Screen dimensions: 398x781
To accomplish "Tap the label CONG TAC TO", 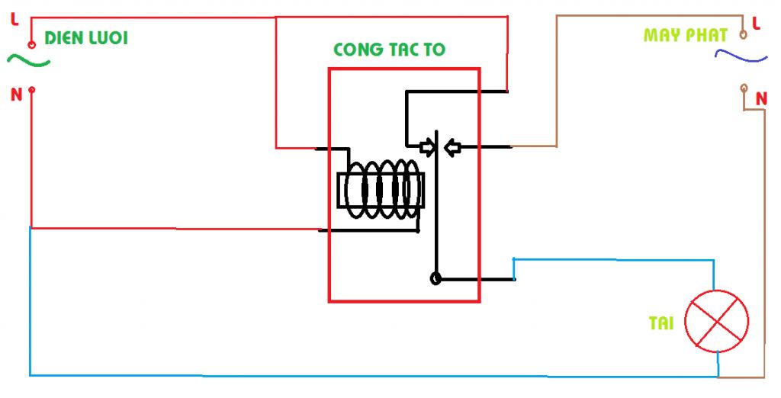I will [x=389, y=50].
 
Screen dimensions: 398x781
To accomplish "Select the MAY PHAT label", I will [x=686, y=35].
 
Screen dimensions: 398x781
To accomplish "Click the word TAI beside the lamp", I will [x=661, y=323].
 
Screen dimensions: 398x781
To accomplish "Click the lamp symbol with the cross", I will [x=716, y=323].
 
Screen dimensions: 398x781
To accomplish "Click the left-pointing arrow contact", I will [x=452, y=146].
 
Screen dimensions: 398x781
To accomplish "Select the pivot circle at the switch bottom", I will [x=435, y=278].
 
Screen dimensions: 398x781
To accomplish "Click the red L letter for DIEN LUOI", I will [x=14, y=21].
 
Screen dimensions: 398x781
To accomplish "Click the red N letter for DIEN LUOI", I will [x=15, y=95].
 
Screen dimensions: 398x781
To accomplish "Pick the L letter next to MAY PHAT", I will [x=757, y=24].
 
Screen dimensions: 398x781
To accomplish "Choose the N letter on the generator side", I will [x=760, y=98].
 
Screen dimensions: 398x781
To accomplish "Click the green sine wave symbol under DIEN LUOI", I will [x=28, y=61].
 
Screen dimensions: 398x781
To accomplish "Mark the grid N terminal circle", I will [x=31, y=90].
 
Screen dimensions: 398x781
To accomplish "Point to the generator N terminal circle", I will [x=744, y=89].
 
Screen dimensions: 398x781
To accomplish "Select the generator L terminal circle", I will [x=743, y=34].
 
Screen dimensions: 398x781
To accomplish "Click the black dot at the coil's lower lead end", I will [x=417, y=230].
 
